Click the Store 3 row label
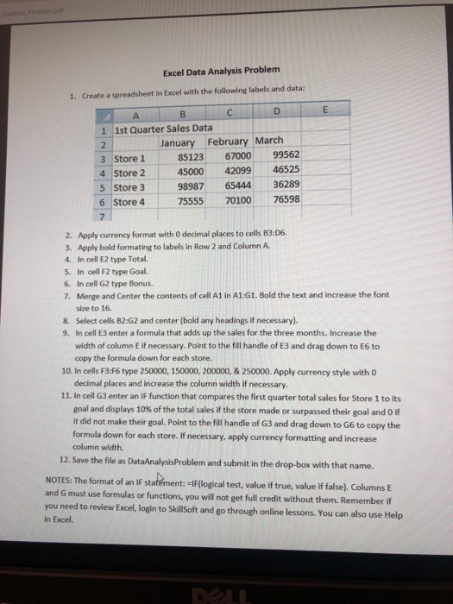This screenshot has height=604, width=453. coord(130,186)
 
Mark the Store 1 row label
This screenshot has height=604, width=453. coord(130,157)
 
